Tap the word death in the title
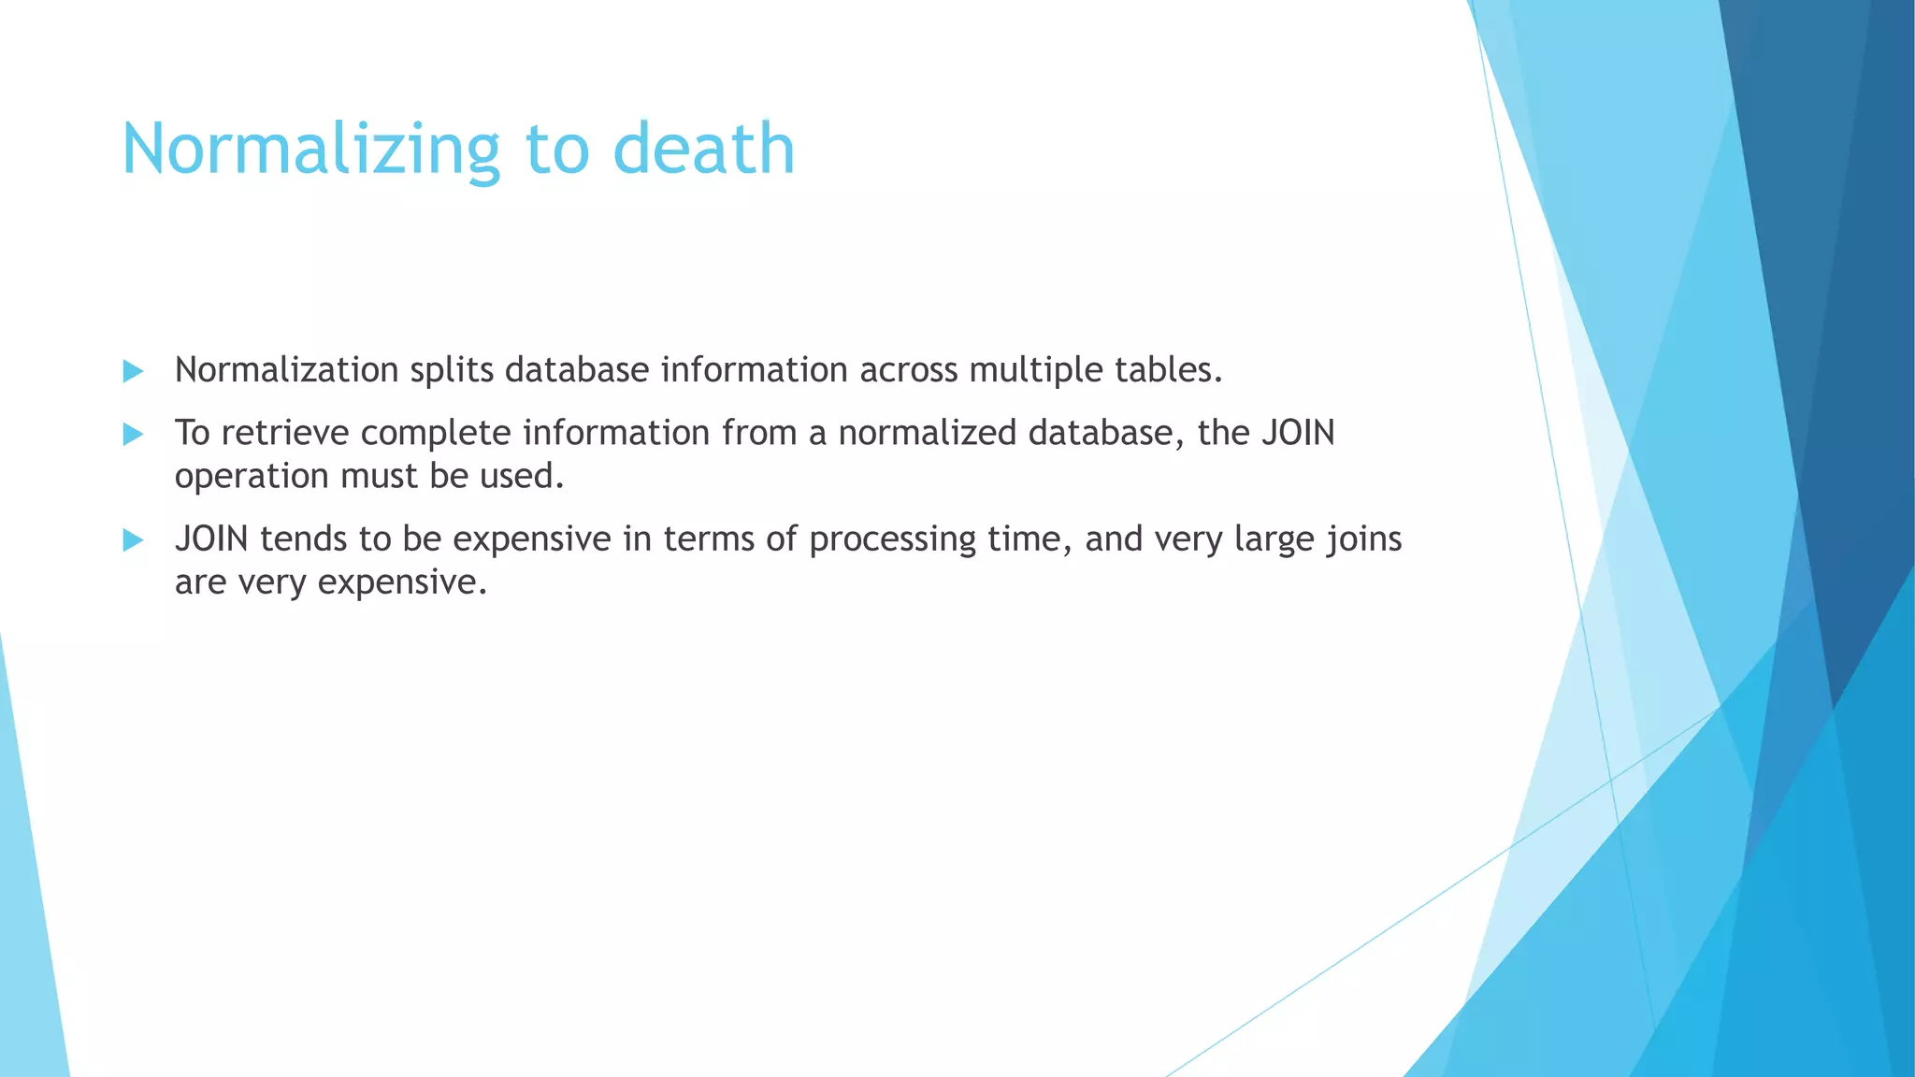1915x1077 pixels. (x=703, y=150)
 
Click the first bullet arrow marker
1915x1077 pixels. (x=133, y=371)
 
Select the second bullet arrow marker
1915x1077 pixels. (x=133, y=434)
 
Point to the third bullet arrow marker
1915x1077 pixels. (x=133, y=539)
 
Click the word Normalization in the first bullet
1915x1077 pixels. (x=287, y=370)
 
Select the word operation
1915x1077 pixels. (x=251, y=477)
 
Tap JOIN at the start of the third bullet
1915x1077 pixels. (x=211, y=539)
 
